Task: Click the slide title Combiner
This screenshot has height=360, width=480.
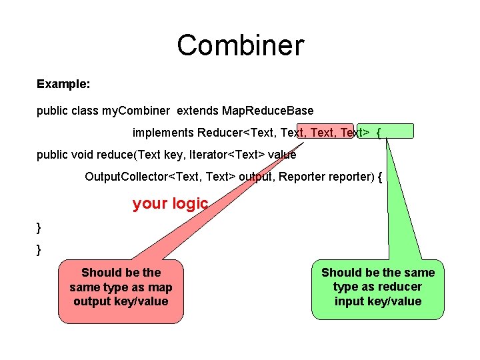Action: pos(240,45)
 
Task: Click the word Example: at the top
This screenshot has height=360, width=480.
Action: pos(64,85)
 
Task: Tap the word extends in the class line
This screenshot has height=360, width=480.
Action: pos(197,110)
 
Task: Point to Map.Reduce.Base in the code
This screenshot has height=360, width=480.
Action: pos(267,110)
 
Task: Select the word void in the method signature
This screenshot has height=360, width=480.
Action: pos(81,155)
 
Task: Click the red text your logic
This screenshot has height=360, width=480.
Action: pos(170,203)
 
